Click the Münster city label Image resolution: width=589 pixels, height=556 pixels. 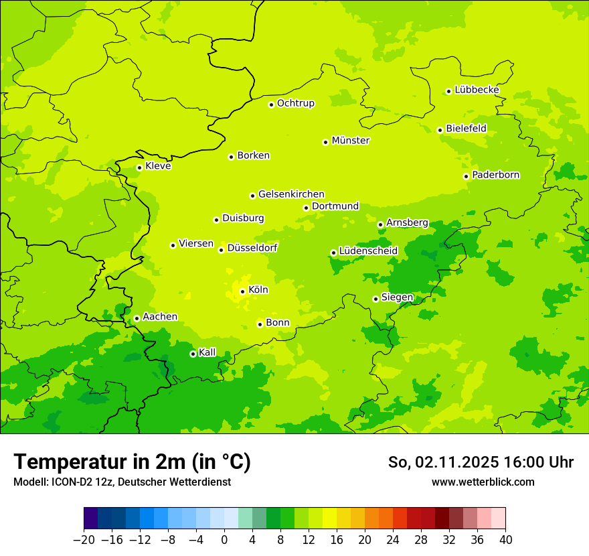click(351, 141)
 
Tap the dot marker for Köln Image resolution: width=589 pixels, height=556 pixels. click(242, 291)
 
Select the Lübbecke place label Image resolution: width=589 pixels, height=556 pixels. click(477, 90)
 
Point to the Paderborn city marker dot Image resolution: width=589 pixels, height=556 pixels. click(466, 176)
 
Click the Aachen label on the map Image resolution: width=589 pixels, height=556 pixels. click(160, 317)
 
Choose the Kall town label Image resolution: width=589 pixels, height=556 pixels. click(207, 352)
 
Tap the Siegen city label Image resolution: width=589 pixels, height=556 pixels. click(397, 297)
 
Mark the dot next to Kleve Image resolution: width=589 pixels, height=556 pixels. click(139, 167)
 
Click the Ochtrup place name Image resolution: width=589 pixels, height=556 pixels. click(296, 103)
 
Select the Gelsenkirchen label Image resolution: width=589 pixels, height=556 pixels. click(291, 194)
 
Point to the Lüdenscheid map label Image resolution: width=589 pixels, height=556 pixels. click(368, 251)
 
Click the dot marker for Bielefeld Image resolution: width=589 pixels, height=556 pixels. click(440, 130)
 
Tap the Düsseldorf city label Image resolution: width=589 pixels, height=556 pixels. click(252, 248)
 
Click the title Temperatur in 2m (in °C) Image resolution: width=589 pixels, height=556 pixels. click(132, 462)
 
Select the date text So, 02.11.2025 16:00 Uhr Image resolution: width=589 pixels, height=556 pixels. click(481, 462)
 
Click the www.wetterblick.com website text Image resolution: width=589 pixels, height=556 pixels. click(483, 482)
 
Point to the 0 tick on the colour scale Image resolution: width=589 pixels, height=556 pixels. click(224, 540)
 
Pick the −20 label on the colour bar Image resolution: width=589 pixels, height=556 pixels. click(84, 540)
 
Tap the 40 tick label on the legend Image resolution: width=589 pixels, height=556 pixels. click(505, 540)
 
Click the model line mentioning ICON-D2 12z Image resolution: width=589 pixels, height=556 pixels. click(122, 482)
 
